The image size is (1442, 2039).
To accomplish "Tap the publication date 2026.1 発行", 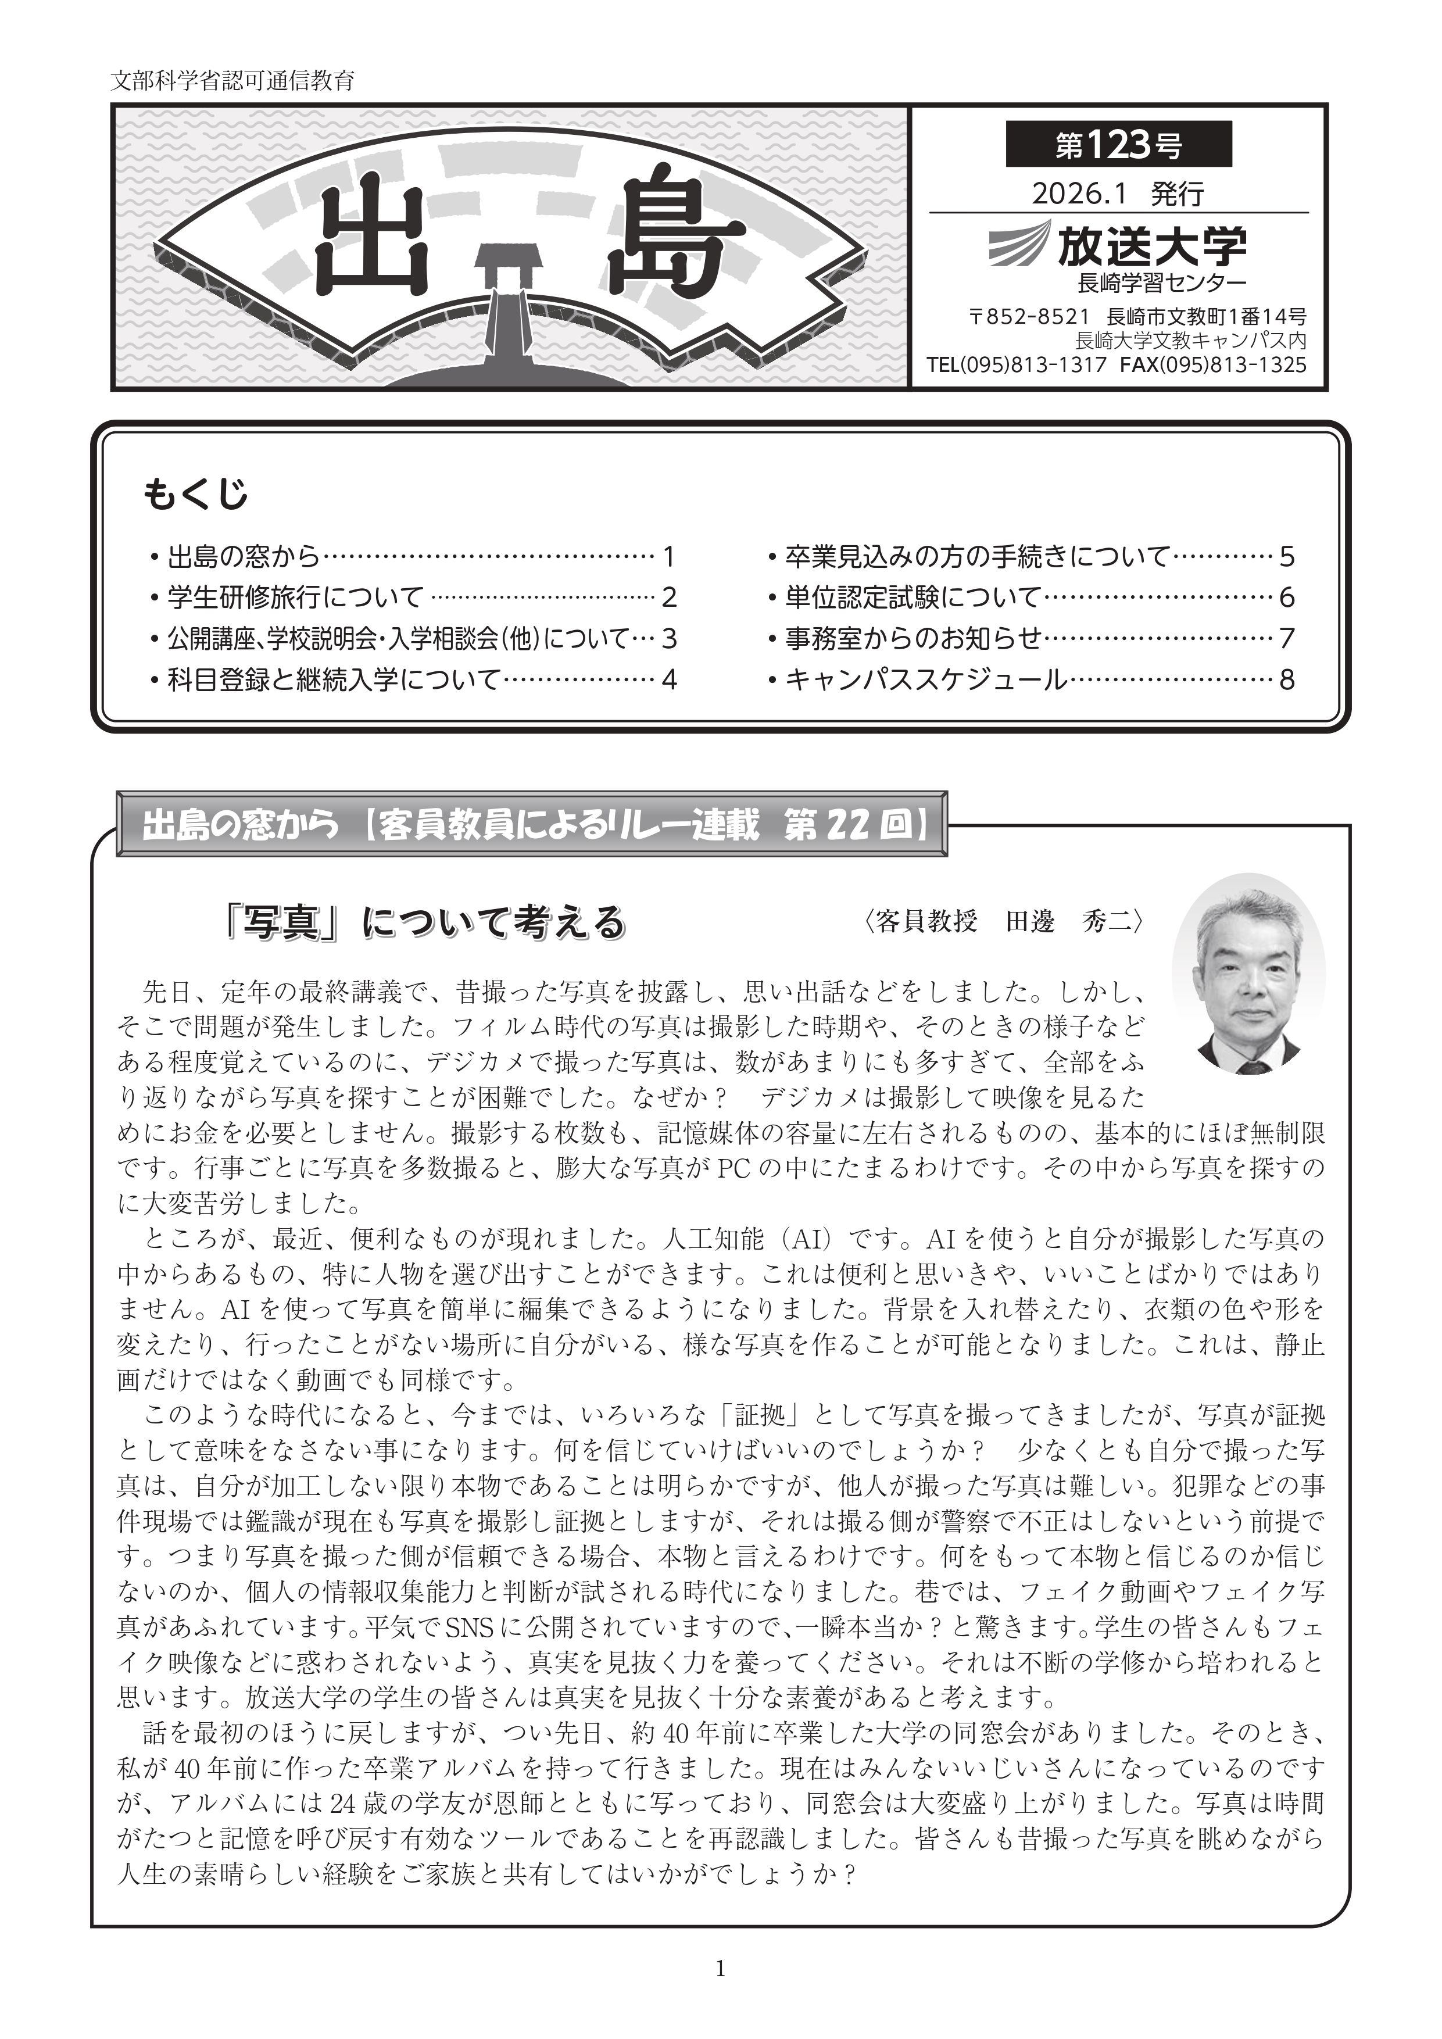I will pyautogui.click(x=1117, y=194).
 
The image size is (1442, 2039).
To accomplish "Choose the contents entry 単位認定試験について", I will pyautogui.click(x=912, y=597).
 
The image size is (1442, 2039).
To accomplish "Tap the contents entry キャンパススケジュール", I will pyautogui.click(x=926, y=679).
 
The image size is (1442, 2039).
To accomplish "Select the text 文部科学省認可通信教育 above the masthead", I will pyautogui.click(x=232, y=81).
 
